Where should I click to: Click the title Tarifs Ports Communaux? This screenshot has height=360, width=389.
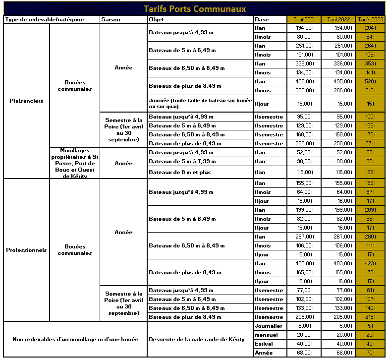pos(194,8)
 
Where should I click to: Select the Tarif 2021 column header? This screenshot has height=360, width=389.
pos(304,19)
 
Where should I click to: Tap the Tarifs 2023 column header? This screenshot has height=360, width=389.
pos(370,19)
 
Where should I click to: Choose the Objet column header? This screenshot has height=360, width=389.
pos(156,19)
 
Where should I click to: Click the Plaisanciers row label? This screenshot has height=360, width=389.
pos(26,101)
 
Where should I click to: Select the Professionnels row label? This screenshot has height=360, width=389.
pos(26,250)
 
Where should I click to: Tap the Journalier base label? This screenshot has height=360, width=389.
pos(268,326)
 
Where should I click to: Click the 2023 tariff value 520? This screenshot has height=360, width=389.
pos(370,81)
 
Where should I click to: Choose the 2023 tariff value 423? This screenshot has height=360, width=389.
pos(370,264)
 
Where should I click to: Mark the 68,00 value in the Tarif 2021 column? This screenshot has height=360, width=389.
pos(305,353)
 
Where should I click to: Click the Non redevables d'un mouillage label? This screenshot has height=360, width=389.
pos(75,339)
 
